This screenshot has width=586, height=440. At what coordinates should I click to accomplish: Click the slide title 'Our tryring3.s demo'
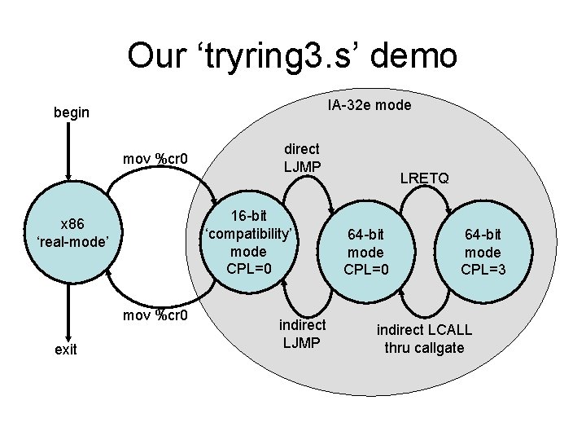point(292,56)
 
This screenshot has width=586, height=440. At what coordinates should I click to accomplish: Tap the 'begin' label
point(72,112)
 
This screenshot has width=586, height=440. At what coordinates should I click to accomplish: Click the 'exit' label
point(65,349)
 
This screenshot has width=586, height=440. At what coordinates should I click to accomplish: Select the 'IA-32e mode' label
point(370,105)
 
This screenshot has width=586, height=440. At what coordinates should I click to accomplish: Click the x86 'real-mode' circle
point(72,231)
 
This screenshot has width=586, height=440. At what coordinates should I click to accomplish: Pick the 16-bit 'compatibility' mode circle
point(250,242)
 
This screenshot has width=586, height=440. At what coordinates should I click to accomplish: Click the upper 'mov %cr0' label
point(155,158)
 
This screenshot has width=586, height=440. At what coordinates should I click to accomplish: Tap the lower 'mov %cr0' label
point(155,315)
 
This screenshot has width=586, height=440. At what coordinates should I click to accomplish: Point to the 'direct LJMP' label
point(302,157)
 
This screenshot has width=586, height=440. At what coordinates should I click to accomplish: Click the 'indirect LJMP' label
point(302,333)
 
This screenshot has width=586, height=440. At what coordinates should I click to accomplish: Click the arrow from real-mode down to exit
point(70,310)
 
